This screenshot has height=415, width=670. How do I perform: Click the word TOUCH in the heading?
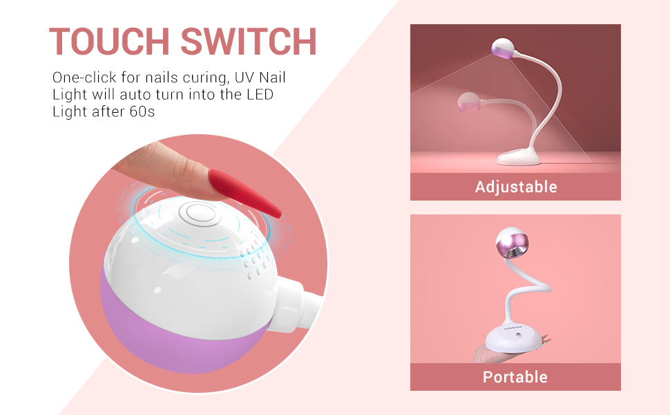pyautogui.click(x=109, y=41)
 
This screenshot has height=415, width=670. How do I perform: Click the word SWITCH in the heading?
pyautogui.click(x=249, y=41)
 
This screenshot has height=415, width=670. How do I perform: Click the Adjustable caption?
pyautogui.click(x=516, y=187)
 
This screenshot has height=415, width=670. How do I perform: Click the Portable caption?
pyautogui.click(x=515, y=377)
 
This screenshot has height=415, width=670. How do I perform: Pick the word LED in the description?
pyautogui.click(x=260, y=95)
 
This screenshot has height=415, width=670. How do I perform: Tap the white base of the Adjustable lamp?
pyautogui.click(x=519, y=156)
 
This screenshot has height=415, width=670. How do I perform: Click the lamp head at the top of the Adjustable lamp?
pyautogui.click(x=503, y=48)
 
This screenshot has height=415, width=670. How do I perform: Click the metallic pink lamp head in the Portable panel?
pyautogui.click(x=512, y=243)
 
